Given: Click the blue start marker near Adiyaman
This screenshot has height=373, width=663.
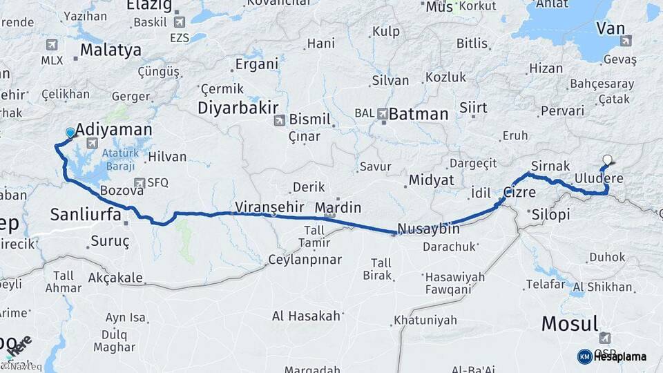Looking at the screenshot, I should [70, 133].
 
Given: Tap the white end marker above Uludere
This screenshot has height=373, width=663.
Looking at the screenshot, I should [607, 160].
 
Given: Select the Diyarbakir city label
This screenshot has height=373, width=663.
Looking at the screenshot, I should [238, 108].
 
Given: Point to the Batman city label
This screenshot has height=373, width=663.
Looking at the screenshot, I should [419, 114].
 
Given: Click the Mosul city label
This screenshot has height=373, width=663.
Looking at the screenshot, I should [569, 323].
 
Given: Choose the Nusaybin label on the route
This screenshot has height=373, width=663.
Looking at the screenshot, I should [428, 228].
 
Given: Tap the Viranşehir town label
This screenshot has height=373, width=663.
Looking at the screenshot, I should [269, 207].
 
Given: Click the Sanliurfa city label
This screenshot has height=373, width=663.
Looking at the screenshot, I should [86, 215].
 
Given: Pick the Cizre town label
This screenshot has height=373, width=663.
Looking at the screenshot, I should [519, 193].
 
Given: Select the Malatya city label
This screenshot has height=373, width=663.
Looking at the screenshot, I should [110, 50].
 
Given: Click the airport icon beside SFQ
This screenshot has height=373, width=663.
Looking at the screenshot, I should [140, 183].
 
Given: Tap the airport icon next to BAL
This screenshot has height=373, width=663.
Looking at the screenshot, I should [382, 113].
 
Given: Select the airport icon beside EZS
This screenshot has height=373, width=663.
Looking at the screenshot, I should [180, 22].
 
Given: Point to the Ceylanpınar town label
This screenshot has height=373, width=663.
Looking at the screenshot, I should [304, 260].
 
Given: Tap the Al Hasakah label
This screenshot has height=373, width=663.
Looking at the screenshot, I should [306, 316].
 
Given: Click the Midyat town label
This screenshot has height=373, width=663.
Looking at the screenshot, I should [431, 180].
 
